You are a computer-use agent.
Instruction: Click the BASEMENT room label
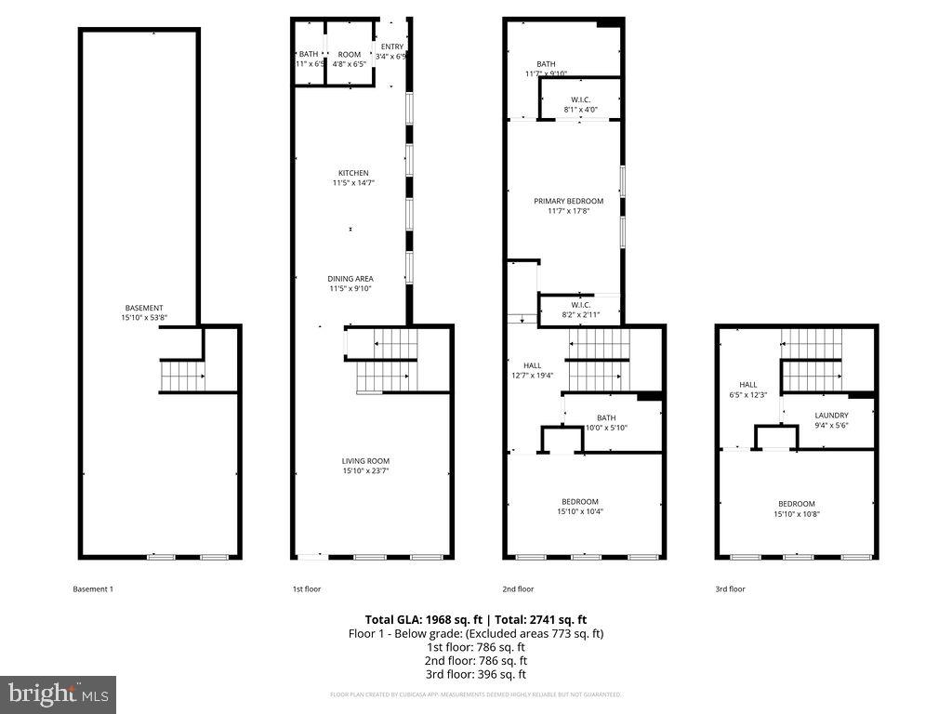(x=144, y=308)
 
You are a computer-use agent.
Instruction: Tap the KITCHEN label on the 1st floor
(x=353, y=173)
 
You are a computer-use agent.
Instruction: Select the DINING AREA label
(x=350, y=278)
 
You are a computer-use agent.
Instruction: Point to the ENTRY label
(x=392, y=46)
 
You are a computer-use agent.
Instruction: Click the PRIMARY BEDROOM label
(x=568, y=201)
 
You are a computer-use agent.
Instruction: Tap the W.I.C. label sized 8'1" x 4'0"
(x=580, y=99)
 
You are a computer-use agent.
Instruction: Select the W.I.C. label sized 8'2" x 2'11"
(x=580, y=305)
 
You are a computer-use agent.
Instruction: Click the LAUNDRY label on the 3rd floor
(x=831, y=416)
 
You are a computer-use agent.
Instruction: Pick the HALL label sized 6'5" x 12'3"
(x=748, y=385)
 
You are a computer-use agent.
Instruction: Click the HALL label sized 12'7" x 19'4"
(x=532, y=366)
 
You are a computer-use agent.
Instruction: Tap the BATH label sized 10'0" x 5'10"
(x=606, y=418)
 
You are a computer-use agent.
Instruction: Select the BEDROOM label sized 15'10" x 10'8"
(x=796, y=504)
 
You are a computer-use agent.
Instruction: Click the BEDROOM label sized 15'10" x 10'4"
(x=578, y=502)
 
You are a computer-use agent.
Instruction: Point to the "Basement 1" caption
(x=93, y=588)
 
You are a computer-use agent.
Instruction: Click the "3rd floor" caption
(x=731, y=588)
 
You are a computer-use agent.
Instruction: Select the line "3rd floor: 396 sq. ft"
(x=475, y=674)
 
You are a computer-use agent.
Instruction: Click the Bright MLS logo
(x=58, y=694)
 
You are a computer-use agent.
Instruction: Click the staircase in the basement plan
(x=182, y=377)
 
